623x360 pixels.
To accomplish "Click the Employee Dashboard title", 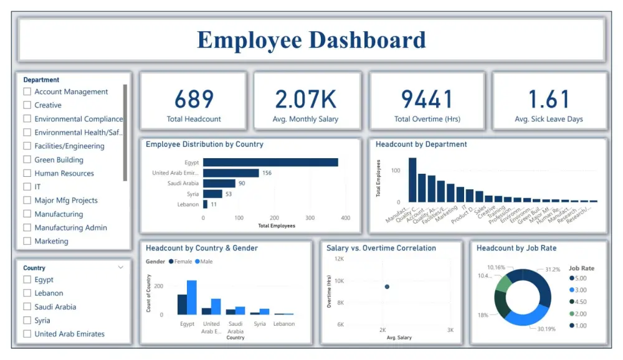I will [x=311, y=40].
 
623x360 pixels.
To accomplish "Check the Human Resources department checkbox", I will [x=27, y=173].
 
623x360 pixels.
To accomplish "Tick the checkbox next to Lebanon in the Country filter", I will [x=27, y=293].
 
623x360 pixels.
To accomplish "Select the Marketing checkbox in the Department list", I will [x=27, y=241].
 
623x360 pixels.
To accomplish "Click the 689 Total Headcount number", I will [x=194, y=99].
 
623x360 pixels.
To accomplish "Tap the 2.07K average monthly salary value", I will [x=306, y=99].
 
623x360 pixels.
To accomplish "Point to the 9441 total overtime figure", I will [x=427, y=99].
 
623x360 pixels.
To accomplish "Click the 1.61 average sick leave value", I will [x=549, y=99].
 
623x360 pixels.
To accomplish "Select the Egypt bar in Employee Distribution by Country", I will [x=270, y=163].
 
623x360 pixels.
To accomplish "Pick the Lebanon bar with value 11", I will [x=206, y=204].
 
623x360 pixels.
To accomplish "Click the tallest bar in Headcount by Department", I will [x=412, y=180].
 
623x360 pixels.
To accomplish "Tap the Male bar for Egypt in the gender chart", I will [x=192, y=298].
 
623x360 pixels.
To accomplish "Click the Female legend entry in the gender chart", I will [x=181, y=262].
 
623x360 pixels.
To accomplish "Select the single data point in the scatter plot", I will [x=387, y=287].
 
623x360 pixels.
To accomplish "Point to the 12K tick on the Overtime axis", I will [x=340, y=258].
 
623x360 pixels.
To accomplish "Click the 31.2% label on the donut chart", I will [x=553, y=270].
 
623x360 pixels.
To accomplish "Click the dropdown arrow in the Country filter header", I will [x=120, y=267].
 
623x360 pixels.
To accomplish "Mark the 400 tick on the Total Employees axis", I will [x=346, y=218].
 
